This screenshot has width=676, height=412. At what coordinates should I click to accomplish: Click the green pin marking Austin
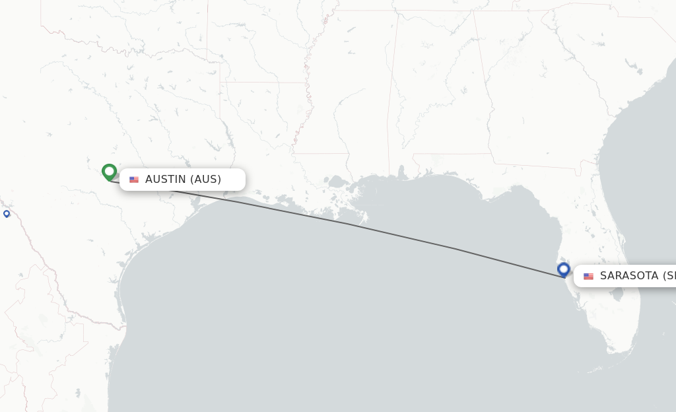pyautogui.click(x=110, y=172)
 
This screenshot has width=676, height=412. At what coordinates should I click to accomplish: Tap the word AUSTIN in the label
pyautogui.click(x=166, y=180)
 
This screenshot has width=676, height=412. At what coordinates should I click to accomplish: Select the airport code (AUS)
pyautogui.click(x=205, y=180)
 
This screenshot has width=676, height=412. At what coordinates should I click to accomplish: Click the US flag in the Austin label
pyautogui.click(x=134, y=180)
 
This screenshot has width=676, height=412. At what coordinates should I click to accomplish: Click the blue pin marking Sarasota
pyautogui.click(x=564, y=269)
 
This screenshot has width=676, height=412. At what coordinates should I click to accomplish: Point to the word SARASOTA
pyautogui.click(x=629, y=276)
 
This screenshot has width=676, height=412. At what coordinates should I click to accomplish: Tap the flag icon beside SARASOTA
pyautogui.click(x=588, y=276)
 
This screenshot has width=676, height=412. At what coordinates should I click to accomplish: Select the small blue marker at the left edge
pyautogui.click(x=7, y=213)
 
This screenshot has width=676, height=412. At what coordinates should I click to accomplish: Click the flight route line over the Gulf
pyautogui.click(x=396, y=235)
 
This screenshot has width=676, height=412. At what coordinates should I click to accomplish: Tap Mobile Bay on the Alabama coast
pyautogui.click(x=401, y=173)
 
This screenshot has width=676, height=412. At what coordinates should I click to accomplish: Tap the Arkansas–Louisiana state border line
pyautogui.click(x=264, y=83)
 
